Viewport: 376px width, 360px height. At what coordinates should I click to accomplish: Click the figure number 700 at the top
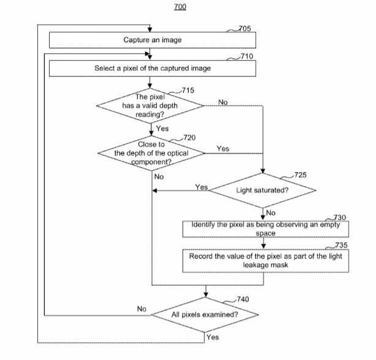[180, 7]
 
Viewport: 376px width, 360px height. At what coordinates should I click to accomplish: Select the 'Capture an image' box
[149, 40]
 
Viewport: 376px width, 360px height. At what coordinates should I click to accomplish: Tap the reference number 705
[245, 28]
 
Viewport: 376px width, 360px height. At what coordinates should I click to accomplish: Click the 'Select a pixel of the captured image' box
[152, 69]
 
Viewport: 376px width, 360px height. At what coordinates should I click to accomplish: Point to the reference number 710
[245, 57]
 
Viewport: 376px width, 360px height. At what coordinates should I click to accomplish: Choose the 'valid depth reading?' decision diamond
[151, 105]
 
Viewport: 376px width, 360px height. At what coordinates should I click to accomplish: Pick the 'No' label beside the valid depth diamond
[223, 102]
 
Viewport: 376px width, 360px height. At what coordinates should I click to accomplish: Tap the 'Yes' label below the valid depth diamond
[162, 129]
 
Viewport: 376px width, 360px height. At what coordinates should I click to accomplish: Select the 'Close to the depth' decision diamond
[151, 153]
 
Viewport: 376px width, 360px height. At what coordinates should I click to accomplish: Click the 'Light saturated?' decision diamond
[263, 190]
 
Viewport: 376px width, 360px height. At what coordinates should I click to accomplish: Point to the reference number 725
[301, 175]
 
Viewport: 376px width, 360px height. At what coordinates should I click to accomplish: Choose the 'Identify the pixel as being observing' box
[266, 229]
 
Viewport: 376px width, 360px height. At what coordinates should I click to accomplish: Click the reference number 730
[339, 217]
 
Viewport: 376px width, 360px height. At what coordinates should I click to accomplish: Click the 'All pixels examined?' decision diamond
[205, 315]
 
